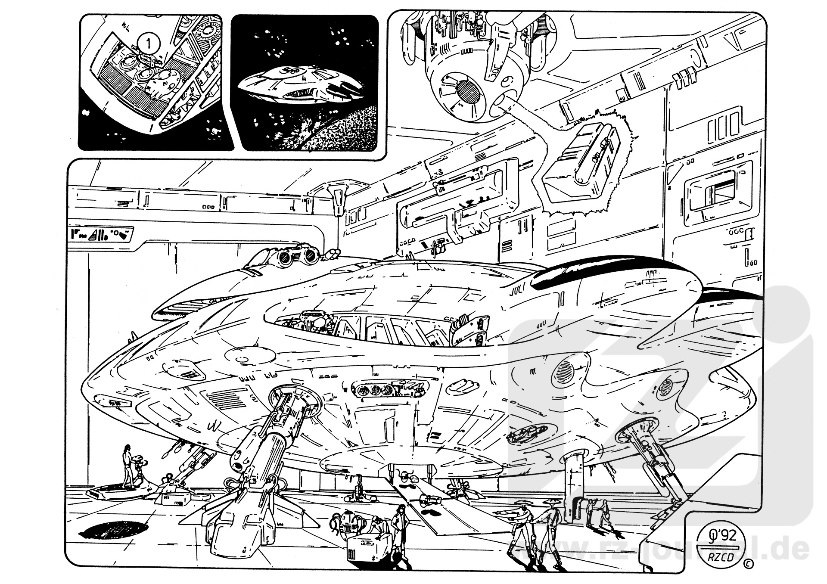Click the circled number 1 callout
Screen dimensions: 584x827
pyautogui.click(x=148, y=43)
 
